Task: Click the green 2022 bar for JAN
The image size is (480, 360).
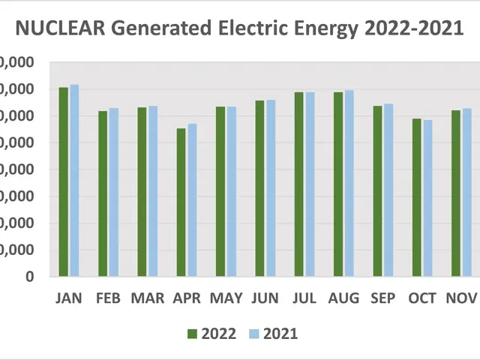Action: click(x=64, y=181)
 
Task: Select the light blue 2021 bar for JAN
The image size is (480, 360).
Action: click(x=74, y=180)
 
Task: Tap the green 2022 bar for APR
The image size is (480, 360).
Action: click(x=181, y=202)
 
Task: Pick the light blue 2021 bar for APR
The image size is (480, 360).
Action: click(x=192, y=199)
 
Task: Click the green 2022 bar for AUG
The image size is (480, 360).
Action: click(x=338, y=184)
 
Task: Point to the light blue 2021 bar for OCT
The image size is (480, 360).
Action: click(x=427, y=198)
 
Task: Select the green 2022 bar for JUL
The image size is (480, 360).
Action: click(x=299, y=184)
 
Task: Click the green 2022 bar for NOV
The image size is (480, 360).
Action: click(x=456, y=193)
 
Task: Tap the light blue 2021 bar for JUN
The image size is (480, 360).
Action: click(x=271, y=187)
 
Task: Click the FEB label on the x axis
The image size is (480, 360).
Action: click(x=109, y=298)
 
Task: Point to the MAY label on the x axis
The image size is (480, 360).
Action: click(x=226, y=298)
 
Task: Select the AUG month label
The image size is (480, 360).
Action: click(x=343, y=298)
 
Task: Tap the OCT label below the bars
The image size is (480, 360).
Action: click(x=422, y=298)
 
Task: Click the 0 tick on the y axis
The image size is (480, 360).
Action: click(x=30, y=277)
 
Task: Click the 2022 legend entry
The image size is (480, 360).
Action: click(x=212, y=334)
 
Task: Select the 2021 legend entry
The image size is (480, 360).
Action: click(x=274, y=334)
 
